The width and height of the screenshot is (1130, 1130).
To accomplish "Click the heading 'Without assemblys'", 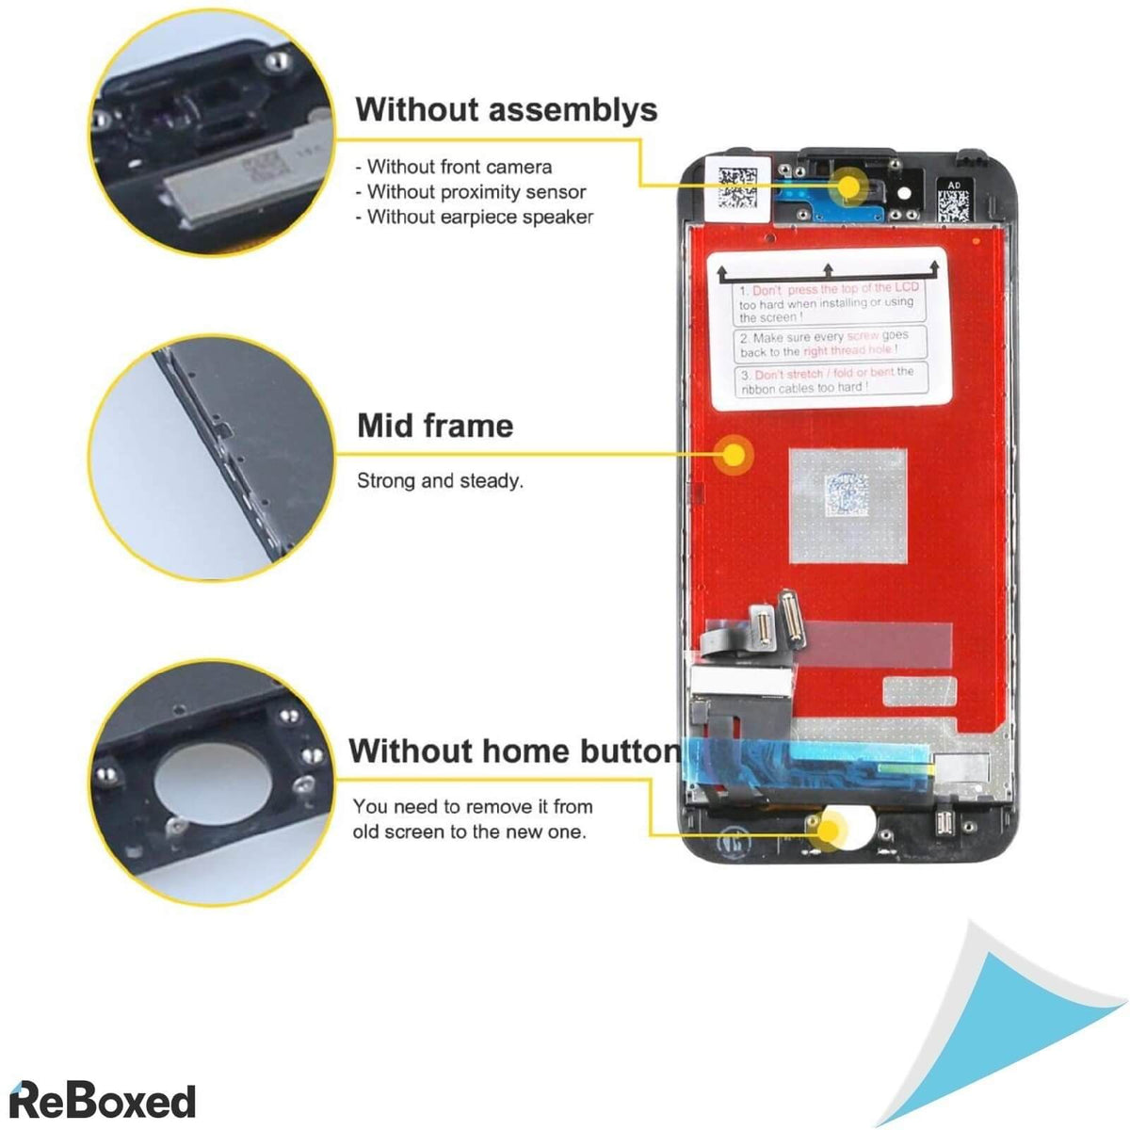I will click(506, 110).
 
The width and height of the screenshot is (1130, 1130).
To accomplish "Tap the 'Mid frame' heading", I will click(435, 426).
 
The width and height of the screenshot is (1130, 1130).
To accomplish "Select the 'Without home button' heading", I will click(513, 751).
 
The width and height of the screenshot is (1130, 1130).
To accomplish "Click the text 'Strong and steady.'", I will click(440, 481).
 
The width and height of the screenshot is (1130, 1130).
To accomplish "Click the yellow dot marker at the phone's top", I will click(849, 186).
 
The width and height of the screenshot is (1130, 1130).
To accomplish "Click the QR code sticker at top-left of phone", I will click(737, 187).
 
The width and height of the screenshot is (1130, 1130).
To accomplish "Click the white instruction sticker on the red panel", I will click(827, 329).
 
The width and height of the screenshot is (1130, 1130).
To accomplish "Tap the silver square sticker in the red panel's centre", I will click(847, 506).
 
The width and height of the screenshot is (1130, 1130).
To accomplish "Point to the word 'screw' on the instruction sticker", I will click(863, 336).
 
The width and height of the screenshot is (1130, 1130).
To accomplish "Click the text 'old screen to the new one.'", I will click(469, 832).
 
